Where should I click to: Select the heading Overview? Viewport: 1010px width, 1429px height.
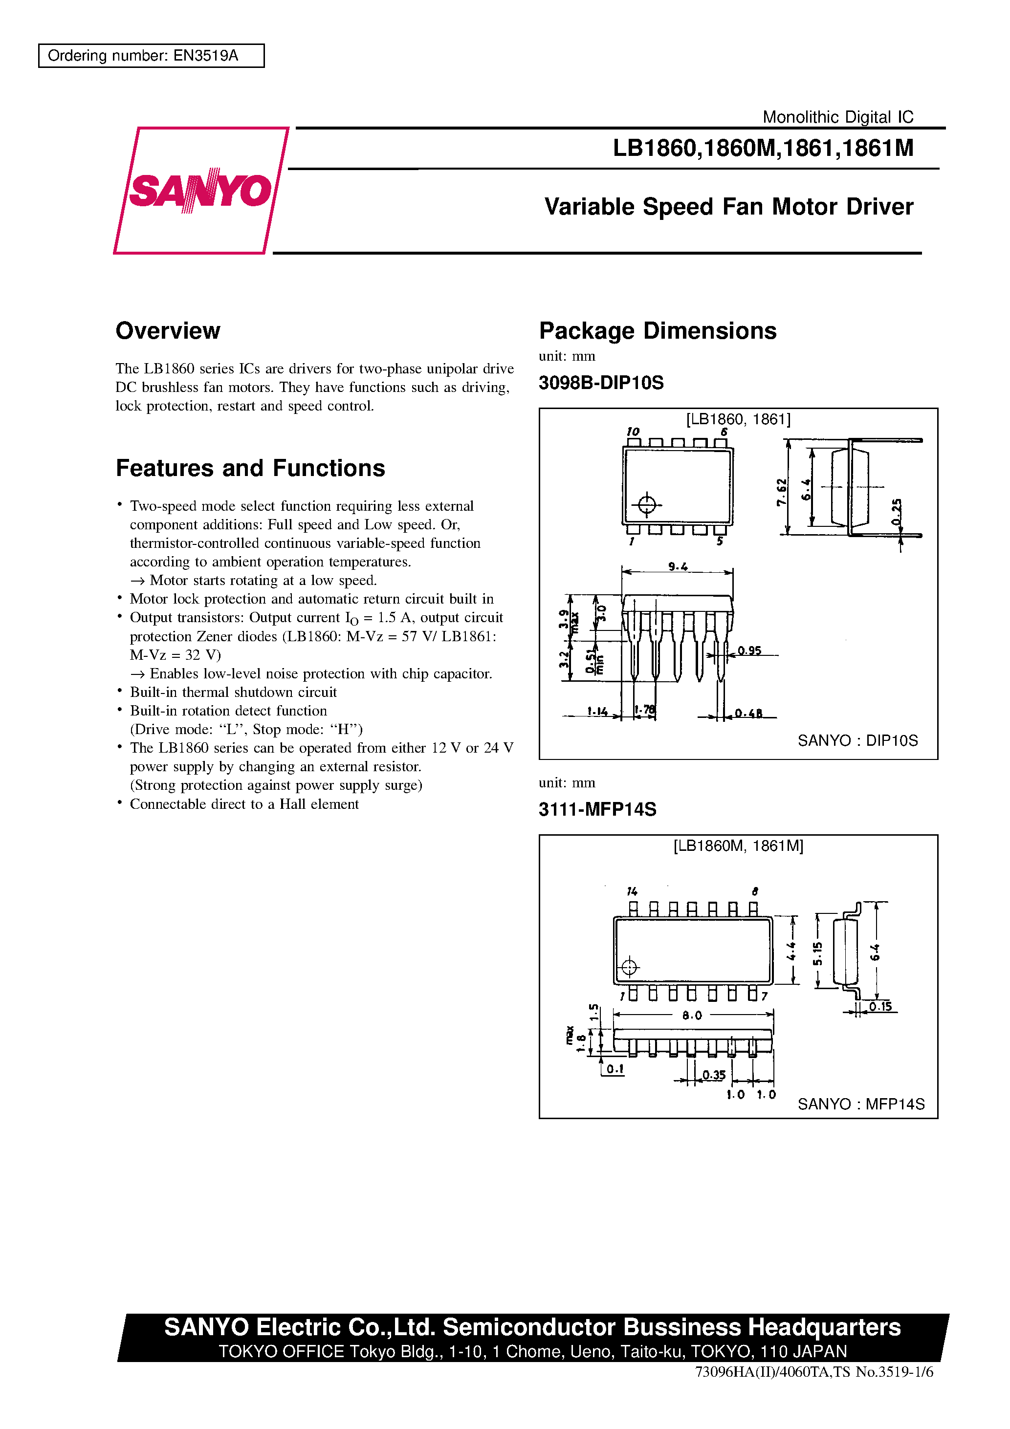coord(168,331)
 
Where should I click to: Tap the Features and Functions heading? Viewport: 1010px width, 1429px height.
coord(250,468)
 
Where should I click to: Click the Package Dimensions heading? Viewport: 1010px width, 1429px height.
coord(658,331)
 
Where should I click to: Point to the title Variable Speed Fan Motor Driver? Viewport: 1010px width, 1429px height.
coord(728,207)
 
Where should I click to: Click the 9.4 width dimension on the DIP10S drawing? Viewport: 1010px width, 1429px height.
coord(678,566)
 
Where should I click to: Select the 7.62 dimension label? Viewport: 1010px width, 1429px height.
coord(782,492)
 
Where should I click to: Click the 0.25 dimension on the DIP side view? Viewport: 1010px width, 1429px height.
coord(896,512)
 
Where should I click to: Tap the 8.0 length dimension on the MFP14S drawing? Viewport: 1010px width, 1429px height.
coord(692,1015)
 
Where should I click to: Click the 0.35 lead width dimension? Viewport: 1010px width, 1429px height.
coord(714,1075)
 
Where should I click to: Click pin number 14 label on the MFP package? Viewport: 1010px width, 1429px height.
coord(632,891)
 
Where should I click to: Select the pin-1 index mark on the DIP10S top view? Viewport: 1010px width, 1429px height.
coord(647,504)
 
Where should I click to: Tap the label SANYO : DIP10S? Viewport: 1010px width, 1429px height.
coord(857,740)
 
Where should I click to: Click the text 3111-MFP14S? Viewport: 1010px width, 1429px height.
coord(597,809)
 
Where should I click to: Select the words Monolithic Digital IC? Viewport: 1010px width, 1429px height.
coord(837,117)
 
